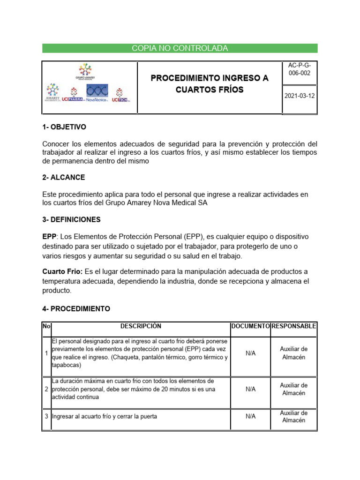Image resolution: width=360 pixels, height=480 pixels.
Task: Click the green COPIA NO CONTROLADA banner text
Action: [180, 48]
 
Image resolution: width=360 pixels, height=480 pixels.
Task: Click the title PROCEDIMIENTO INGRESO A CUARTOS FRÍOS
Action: [210, 84]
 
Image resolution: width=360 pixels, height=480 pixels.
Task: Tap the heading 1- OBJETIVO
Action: [64, 127]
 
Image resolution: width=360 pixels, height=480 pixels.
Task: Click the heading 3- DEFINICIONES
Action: [71, 219]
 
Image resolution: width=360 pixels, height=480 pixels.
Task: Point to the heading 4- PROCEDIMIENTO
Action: [76, 309]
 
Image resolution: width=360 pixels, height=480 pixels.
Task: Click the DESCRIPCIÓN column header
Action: [141, 326]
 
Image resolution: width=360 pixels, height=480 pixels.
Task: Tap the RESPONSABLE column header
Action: [294, 326]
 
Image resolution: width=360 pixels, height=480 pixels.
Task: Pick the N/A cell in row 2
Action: [250, 389]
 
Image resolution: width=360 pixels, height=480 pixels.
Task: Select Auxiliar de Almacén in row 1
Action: [293, 353]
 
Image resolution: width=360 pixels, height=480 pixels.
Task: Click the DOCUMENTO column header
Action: [250, 326]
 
